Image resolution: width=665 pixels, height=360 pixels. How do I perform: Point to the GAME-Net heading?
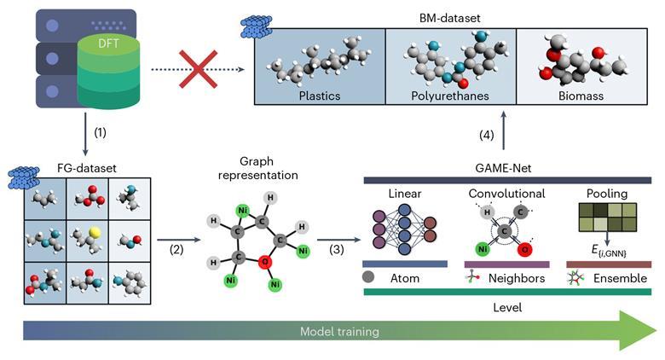(x=504, y=169)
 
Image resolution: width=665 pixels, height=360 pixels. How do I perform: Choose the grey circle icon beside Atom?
(x=369, y=276)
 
